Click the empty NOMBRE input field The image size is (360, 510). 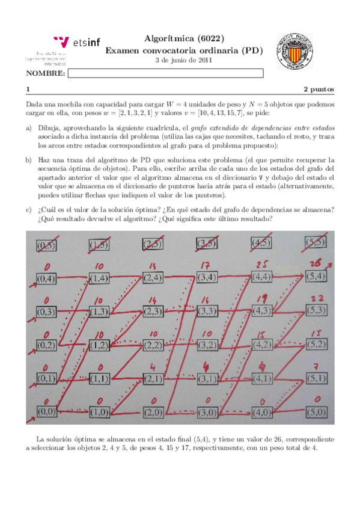pos(166,73)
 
